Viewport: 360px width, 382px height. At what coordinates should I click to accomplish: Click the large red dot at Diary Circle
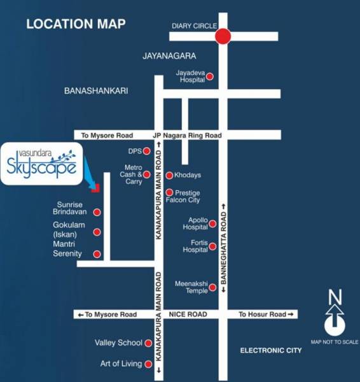pos(222,36)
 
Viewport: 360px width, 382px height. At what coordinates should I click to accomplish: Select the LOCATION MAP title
pos(76,25)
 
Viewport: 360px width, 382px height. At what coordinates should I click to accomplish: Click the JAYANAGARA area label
pos(169,56)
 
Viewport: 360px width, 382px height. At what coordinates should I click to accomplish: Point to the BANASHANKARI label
pos(96,91)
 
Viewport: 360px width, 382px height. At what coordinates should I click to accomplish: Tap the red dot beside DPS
pos(147,152)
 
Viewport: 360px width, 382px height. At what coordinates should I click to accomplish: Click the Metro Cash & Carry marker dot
pos(147,174)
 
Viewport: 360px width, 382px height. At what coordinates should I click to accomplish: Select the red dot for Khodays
pos(169,175)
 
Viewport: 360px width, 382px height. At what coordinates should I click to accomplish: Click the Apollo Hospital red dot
pos(212,224)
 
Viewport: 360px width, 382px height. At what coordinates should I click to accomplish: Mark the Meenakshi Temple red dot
pos(212,288)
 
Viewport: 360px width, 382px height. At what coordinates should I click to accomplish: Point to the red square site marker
pos(96,188)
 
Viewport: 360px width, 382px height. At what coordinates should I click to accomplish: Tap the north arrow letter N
pos(335,297)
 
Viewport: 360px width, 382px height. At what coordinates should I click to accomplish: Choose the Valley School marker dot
pos(148,343)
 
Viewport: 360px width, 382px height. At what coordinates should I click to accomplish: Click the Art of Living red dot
pos(148,365)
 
